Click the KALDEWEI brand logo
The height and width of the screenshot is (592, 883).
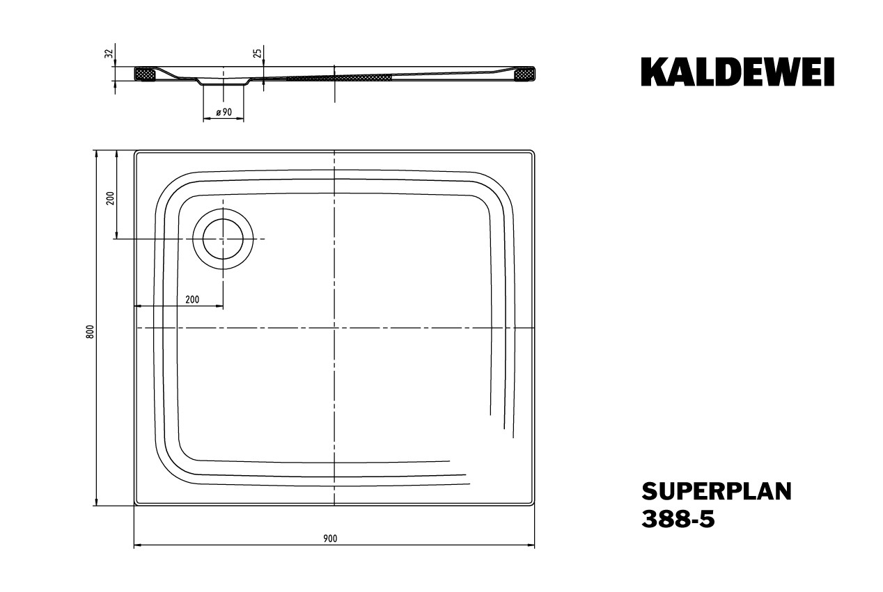(737, 72)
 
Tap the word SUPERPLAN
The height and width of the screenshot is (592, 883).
(717, 492)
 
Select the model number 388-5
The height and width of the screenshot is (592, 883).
(678, 519)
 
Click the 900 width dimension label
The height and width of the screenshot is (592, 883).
(330, 538)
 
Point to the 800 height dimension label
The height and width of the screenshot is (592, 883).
(91, 332)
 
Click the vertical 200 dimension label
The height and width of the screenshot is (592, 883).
(110, 198)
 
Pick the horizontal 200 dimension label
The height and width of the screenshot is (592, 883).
(192, 300)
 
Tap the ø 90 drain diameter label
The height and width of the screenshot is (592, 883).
(224, 112)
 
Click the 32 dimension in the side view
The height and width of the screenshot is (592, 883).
(109, 54)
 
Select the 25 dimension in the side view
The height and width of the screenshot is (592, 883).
(257, 54)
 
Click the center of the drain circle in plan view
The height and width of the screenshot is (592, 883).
(223, 239)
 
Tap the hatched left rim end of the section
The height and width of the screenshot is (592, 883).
(145, 74)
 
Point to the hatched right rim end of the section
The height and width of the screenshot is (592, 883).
(524, 74)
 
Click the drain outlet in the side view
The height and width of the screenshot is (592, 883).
(223, 81)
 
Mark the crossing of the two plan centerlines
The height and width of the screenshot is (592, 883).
(334, 328)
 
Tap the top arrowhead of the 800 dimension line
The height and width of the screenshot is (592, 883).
(96, 154)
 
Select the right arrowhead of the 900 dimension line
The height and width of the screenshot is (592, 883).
(531, 545)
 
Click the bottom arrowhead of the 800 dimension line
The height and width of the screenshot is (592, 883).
(96, 502)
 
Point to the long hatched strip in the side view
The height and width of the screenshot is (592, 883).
(339, 77)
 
